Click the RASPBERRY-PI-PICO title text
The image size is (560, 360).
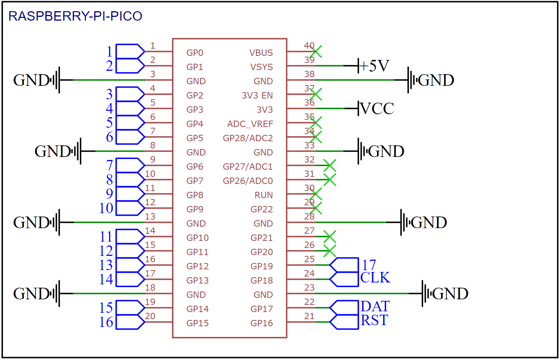pos(75,16)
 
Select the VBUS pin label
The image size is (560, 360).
pos(261,53)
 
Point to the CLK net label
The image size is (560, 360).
pos(375,278)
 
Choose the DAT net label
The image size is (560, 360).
pos(375,306)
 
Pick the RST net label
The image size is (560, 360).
pos(374,320)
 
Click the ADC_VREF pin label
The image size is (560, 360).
pos(250,124)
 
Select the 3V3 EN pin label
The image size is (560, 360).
pos(257,96)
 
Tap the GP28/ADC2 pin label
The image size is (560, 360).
pos(248,138)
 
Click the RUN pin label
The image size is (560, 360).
pos(264,195)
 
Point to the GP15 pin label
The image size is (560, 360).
pos(198,323)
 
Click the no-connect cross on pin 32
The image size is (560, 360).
pos(330,166)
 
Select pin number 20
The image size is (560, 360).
pos(150,316)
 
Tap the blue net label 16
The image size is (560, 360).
pos(106,322)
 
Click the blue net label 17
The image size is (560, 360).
pos(369,265)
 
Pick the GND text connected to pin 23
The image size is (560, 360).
pos(450,294)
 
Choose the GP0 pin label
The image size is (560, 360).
pos(195,53)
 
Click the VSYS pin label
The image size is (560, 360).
pos(262,67)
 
